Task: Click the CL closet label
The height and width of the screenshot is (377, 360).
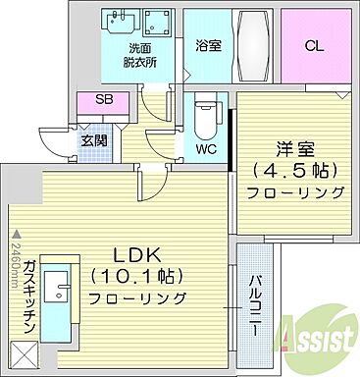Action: pyautogui.click(x=315, y=45)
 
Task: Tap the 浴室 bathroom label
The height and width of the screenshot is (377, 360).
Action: pyautogui.click(x=208, y=46)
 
